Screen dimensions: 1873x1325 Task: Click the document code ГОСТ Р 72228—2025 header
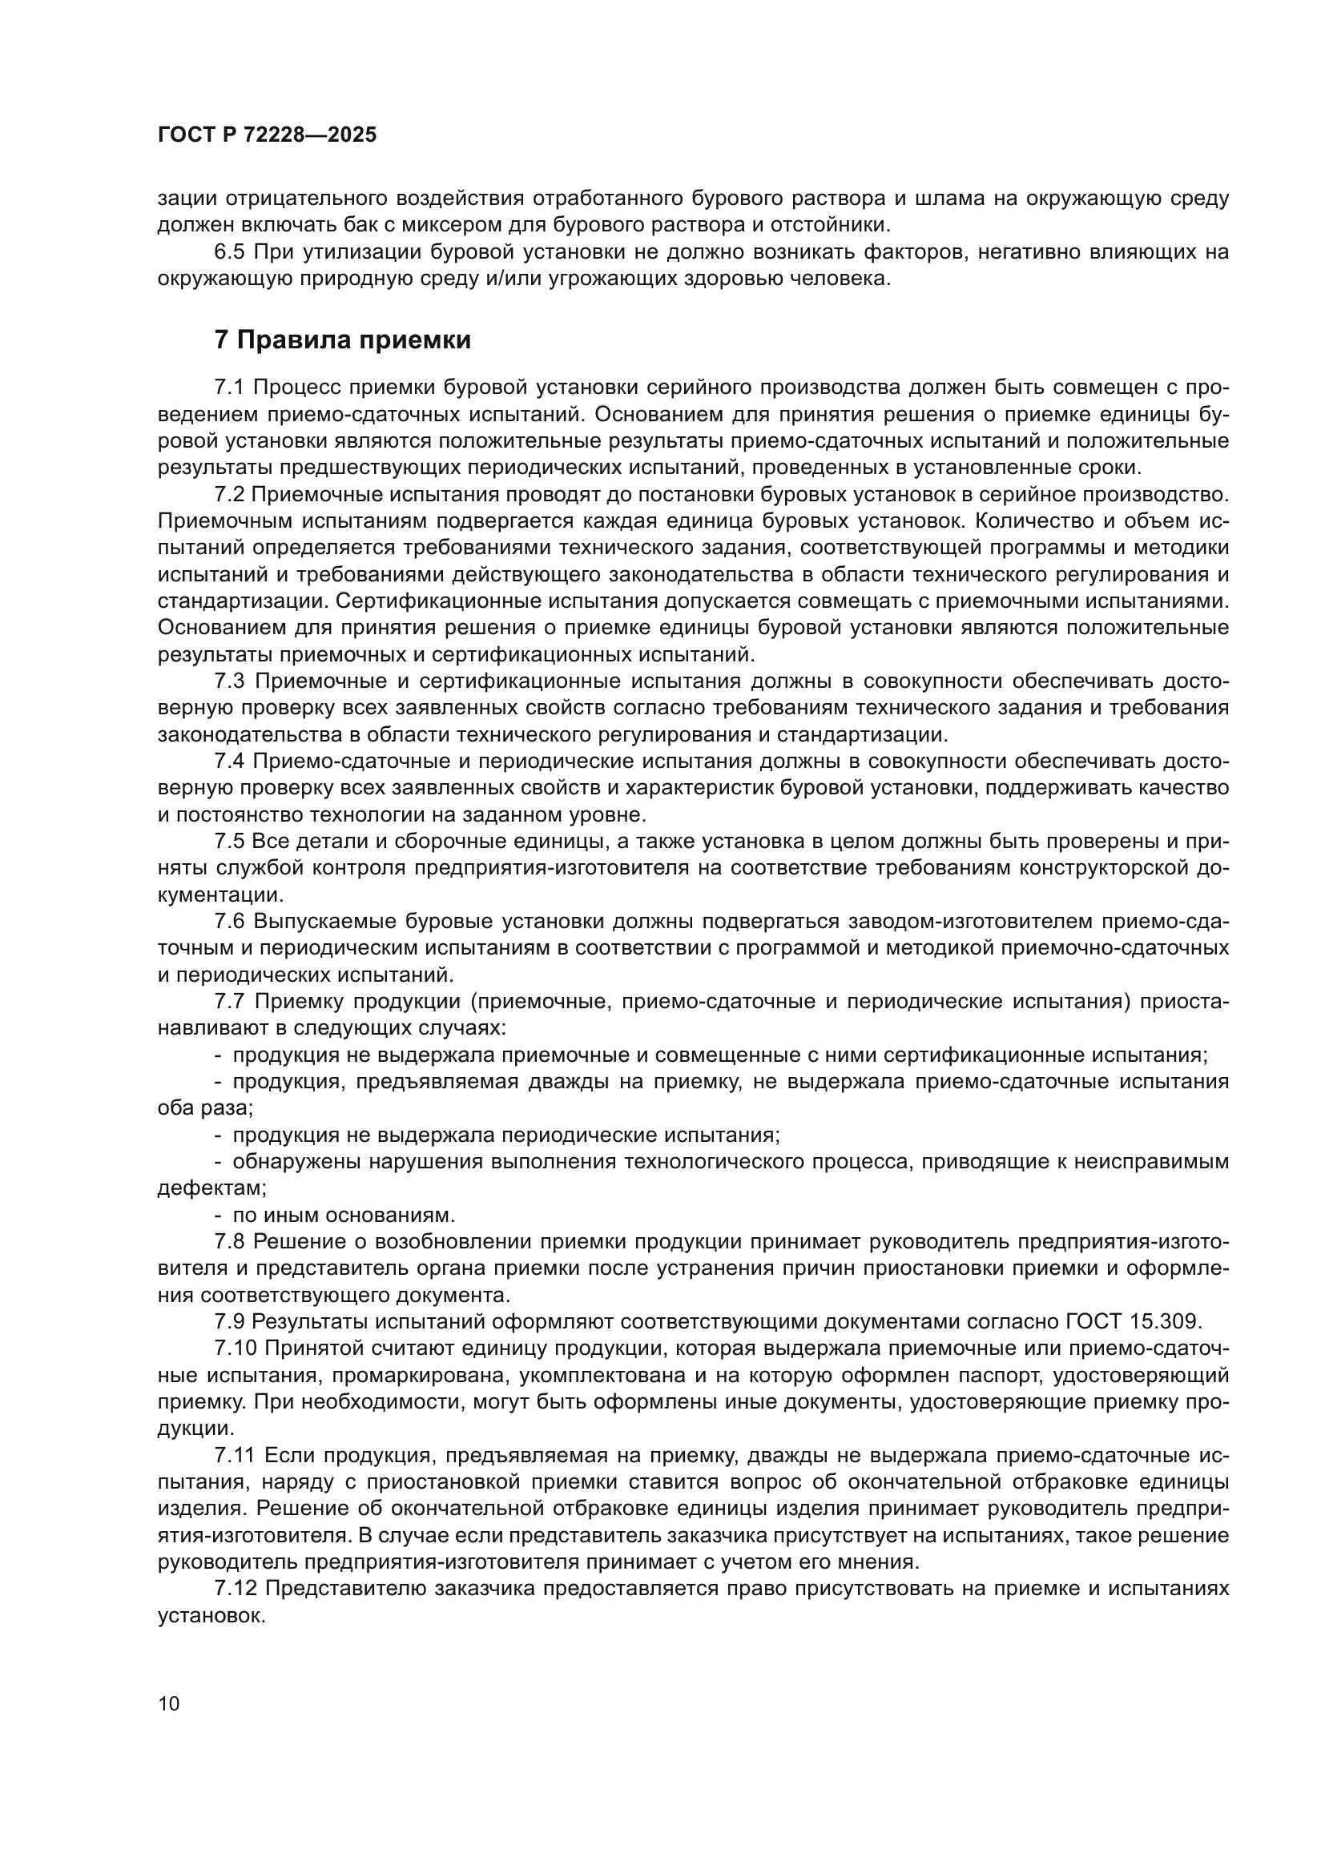click(267, 135)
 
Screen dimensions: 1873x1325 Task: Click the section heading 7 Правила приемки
click(343, 340)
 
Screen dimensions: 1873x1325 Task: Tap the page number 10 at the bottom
click(169, 1703)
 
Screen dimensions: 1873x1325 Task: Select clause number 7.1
click(229, 388)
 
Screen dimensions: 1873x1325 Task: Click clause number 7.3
click(230, 681)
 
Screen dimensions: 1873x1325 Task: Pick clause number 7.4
click(230, 761)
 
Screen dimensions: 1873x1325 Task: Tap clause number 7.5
click(229, 841)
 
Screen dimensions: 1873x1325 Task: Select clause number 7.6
click(230, 922)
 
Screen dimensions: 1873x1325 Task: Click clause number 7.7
click(230, 1002)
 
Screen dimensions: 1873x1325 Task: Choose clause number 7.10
click(235, 1348)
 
